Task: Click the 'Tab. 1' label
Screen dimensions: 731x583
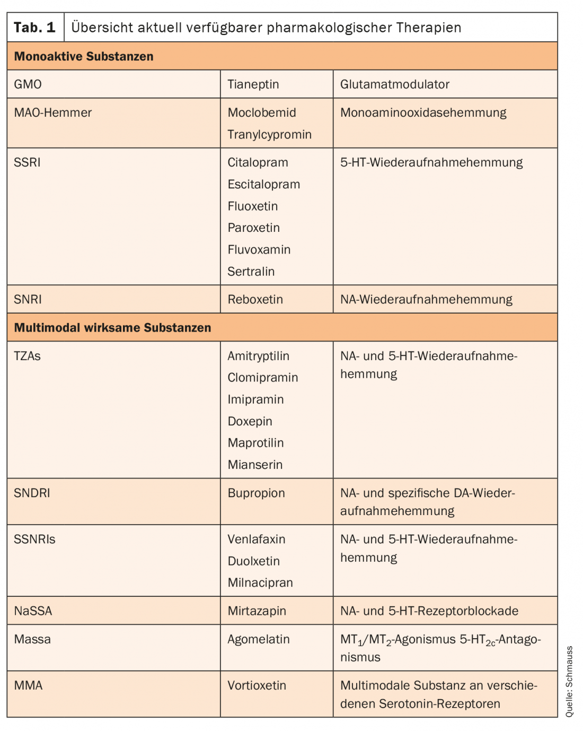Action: [x=34, y=28]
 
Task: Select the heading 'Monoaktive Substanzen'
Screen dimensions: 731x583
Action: [x=84, y=56]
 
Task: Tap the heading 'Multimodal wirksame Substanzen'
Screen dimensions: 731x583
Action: [x=112, y=327]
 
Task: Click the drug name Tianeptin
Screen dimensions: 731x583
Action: [x=253, y=84]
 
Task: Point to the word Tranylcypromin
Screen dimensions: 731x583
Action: [x=269, y=134]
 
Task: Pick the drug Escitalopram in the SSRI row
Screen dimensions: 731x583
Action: [x=263, y=184]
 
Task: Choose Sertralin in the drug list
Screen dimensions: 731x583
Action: [x=251, y=271]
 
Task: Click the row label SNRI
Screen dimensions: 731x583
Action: [x=28, y=299]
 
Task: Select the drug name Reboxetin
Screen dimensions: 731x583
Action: [x=255, y=299]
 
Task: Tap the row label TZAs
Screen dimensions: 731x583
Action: [x=27, y=356]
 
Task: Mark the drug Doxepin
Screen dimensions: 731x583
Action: [x=250, y=421]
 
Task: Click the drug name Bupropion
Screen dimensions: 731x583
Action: [x=256, y=493]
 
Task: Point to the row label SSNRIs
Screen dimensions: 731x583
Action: [x=34, y=539]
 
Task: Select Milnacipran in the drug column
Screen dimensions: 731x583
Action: [x=260, y=582]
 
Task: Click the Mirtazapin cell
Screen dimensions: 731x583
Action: [x=257, y=611]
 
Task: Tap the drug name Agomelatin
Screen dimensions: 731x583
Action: [x=258, y=639]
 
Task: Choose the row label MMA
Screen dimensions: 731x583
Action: [x=28, y=685]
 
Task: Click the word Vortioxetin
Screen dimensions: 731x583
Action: [x=257, y=685]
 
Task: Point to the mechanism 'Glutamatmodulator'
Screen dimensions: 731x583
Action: [x=394, y=84]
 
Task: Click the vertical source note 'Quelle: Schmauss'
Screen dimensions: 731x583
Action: [x=569, y=681]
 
